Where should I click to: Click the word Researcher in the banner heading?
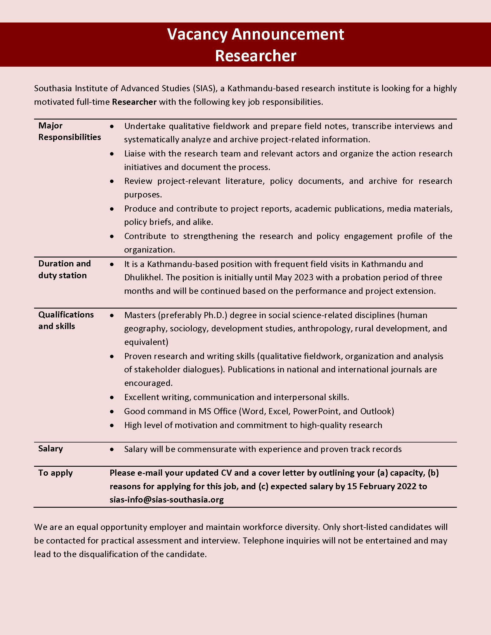point(255,55)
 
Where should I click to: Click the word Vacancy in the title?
point(197,35)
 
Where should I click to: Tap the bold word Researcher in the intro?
point(134,102)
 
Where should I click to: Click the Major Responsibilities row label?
point(69,131)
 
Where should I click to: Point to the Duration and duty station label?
point(64,270)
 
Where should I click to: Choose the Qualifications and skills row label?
point(66,320)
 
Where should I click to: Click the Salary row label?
point(51,449)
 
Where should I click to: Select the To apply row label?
point(55,473)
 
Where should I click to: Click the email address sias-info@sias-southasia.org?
point(167,500)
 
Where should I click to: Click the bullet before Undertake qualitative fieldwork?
point(112,127)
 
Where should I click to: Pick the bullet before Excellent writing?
point(112,398)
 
